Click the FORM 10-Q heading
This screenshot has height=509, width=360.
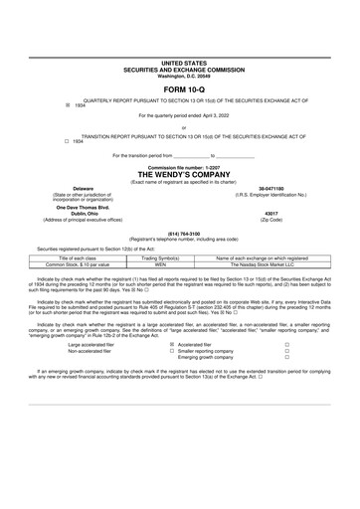(x=179, y=87)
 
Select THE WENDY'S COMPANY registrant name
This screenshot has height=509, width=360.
(x=179, y=173)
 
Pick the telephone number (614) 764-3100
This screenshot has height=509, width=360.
(x=179, y=235)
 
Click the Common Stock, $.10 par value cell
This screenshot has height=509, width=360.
(x=84, y=264)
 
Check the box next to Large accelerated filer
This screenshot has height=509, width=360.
(x=172, y=344)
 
